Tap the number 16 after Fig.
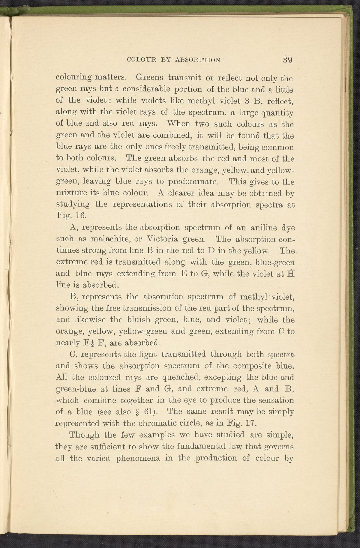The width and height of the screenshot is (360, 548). click(80, 216)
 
